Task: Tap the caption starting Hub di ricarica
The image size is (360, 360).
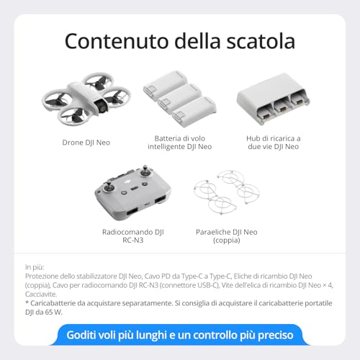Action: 278,142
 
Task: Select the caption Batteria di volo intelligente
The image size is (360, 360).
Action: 183,142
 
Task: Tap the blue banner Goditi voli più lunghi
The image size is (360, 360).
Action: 180,336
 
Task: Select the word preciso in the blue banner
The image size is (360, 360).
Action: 271,336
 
